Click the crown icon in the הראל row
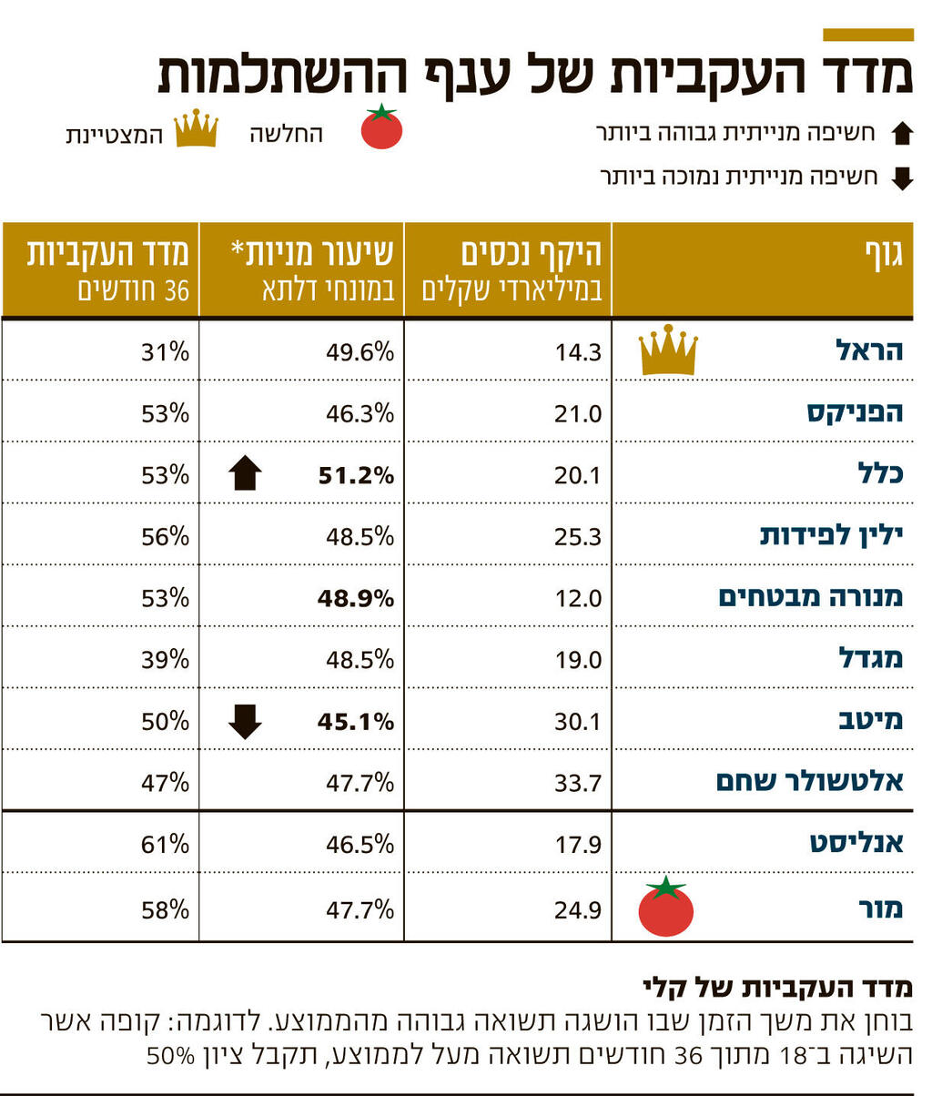click(x=668, y=350)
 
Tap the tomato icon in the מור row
click(x=666, y=908)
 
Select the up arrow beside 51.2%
click(x=246, y=473)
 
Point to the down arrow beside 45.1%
click(x=246, y=721)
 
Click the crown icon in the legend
click(x=196, y=128)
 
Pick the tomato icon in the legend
click(x=381, y=127)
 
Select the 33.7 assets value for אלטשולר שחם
click(x=578, y=782)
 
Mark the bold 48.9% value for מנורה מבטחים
click(x=355, y=598)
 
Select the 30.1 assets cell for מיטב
click(x=578, y=721)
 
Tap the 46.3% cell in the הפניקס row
click(x=360, y=413)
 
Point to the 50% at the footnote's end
click(x=171, y=1058)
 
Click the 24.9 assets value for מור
click(x=578, y=908)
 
